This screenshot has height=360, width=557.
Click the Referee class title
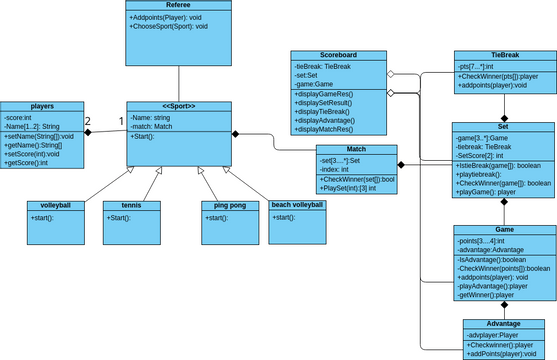(178, 5)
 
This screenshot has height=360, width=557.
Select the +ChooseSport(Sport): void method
(169, 26)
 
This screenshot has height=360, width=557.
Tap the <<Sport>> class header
(178, 105)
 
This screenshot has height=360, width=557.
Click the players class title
(43, 105)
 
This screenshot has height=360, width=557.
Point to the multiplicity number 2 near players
(89, 121)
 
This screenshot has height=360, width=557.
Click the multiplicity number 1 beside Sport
(122, 121)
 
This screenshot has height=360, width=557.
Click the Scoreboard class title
(339, 55)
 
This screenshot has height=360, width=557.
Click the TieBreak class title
(504, 55)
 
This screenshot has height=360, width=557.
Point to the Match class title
(356, 148)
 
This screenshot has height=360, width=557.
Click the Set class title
(504, 127)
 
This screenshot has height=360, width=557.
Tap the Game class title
(504, 229)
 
